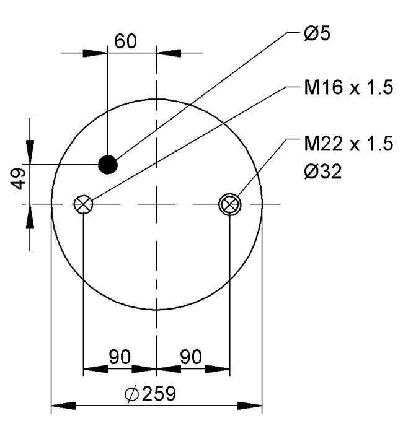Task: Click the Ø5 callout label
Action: click(317, 34)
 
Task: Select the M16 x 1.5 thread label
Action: click(348, 88)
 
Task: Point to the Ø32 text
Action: click(322, 170)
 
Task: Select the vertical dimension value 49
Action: click(19, 180)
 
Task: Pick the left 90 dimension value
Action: click(120, 357)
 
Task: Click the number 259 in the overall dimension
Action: click(159, 394)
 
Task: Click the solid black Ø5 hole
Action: click(107, 164)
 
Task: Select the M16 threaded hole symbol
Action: click(82, 204)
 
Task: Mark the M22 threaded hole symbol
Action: click(230, 204)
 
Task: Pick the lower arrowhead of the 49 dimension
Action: click(30, 216)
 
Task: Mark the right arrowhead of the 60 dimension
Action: click(168, 53)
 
